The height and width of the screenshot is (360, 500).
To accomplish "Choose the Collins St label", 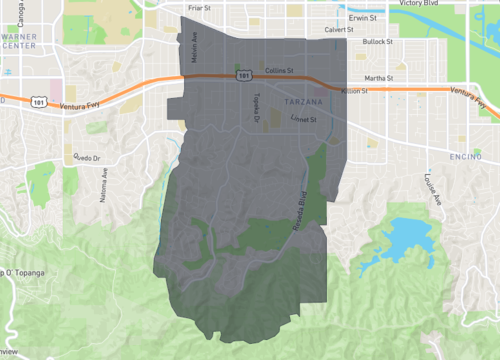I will tap(279, 71).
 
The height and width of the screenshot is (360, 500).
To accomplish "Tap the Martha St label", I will tap(378, 77).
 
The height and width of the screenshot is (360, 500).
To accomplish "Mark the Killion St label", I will tap(356, 91).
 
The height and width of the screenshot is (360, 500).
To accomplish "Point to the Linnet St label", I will tap(303, 119).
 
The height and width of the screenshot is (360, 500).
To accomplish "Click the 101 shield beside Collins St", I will tap(243, 75).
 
